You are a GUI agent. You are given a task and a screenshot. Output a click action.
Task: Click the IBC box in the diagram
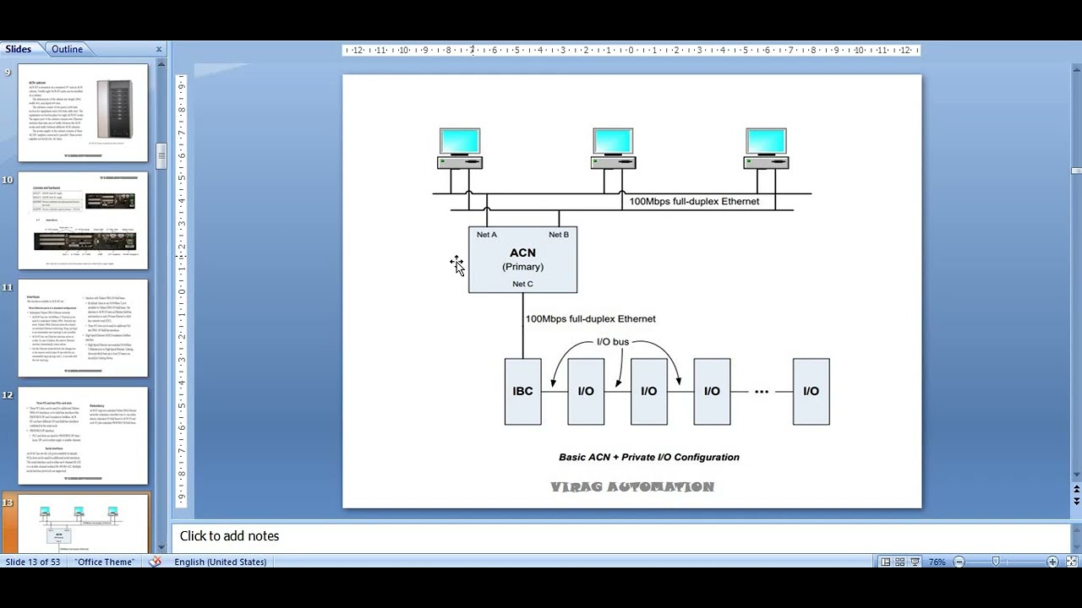[522, 391]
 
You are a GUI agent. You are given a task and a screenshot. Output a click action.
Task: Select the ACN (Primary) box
[522, 259]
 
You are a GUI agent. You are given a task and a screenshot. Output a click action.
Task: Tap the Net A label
[487, 235]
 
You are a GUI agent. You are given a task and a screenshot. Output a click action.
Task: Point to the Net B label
[559, 235]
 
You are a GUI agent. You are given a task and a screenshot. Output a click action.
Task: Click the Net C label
[522, 284]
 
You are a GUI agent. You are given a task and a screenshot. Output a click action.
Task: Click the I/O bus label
[613, 341]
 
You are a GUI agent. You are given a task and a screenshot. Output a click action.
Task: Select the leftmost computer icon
[460, 149]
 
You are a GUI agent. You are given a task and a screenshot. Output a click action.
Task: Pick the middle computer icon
[613, 149]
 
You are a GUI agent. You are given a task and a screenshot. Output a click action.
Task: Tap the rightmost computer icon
[766, 149]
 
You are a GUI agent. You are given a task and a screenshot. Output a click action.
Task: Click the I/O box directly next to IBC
[586, 391]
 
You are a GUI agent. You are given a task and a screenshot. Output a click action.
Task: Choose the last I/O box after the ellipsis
[811, 391]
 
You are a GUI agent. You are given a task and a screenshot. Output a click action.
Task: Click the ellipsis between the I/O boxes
[762, 391]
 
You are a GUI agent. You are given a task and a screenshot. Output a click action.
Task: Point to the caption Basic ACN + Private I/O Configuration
[648, 457]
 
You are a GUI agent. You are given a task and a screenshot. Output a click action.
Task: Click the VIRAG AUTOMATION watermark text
[632, 487]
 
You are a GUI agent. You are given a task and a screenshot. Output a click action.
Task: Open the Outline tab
[67, 49]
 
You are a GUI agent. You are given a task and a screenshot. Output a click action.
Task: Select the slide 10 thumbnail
[83, 220]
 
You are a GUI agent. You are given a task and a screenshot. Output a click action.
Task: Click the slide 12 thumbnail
[83, 436]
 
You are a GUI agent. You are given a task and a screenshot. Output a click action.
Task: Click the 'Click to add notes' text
[229, 536]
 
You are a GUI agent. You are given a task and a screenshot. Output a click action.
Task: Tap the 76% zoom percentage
[937, 562]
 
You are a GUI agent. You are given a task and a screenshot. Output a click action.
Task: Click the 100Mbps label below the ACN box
[590, 318]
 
